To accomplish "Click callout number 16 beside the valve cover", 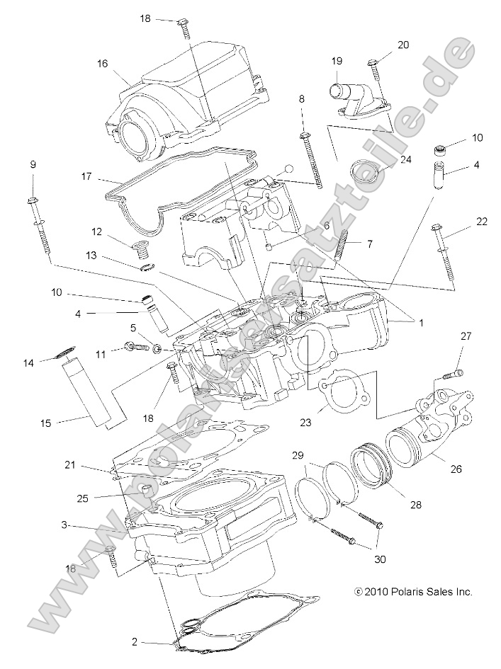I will point(102,63).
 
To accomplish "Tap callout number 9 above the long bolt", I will point(33,164).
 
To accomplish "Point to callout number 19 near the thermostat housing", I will point(337,61).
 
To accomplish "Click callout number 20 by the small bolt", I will point(403,45).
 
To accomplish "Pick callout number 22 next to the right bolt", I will point(481,222).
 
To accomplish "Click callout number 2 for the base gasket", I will point(134,642).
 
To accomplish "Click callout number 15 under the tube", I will point(46,423).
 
